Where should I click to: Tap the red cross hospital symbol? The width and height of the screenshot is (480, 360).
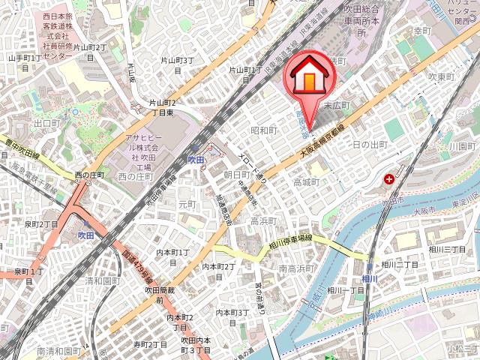[x=389, y=179]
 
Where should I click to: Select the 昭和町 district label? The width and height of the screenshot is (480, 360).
[x=264, y=130]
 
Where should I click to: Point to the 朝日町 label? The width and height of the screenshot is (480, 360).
[x=236, y=174]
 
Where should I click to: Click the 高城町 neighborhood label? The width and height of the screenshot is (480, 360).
[x=306, y=182]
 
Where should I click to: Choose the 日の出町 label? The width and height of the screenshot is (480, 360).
[x=369, y=144]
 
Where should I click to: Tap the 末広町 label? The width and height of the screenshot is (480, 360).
[x=337, y=106]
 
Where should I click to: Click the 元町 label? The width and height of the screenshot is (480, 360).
[x=187, y=203]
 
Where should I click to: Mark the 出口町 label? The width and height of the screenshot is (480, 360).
[x=46, y=123]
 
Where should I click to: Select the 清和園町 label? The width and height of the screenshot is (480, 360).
[x=103, y=281]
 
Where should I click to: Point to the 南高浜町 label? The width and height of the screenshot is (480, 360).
[x=295, y=268]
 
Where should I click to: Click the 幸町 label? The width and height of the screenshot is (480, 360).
[x=423, y=31]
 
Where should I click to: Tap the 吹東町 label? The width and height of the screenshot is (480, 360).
[x=442, y=76]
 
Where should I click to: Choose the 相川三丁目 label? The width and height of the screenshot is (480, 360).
[x=447, y=249]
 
